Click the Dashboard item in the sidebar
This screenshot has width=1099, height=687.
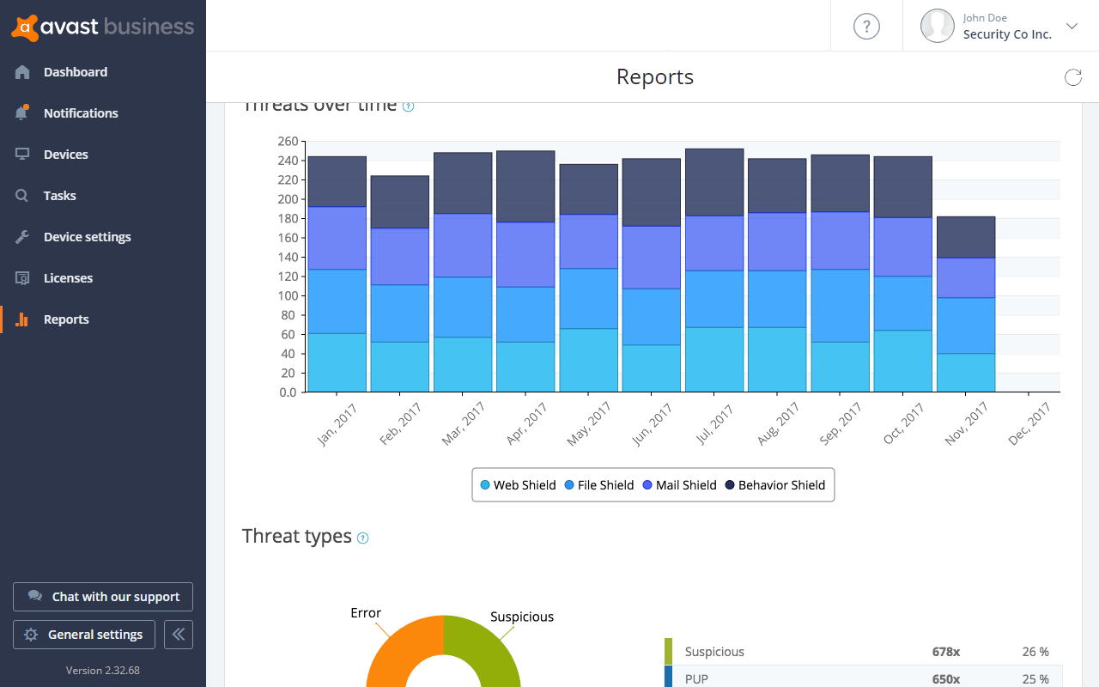pyautogui.click(x=75, y=72)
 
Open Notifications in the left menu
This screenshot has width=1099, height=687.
pyautogui.click(x=80, y=113)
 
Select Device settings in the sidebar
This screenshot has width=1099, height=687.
pyautogui.click(x=87, y=237)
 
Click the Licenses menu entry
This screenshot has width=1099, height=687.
pyautogui.click(x=68, y=278)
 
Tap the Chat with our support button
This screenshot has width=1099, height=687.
pyautogui.click(x=103, y=597)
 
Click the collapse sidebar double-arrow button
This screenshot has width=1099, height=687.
pyautogui.click(x=179, y=635)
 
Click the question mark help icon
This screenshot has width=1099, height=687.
pyautogui.click(x=866, y=26)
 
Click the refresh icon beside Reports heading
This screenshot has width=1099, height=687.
pyautogui.click(x=1072, y=78)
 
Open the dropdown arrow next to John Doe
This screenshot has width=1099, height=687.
pyautogui.click(x=1072, y=26)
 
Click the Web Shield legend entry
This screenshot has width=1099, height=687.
pyautogui.click(x=518, y=485)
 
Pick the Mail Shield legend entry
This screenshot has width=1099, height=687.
pyautogui.click(x=679, y=485)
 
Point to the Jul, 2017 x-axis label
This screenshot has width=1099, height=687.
pyautogui.click(x=714, y=425)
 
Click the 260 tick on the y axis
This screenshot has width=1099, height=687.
pyautogui.click(x=288, y=142)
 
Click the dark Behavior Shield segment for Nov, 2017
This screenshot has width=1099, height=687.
pyautogui.click(x=966, y=237)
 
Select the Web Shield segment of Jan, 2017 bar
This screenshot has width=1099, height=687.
pyautogui.click(x=337, y=362)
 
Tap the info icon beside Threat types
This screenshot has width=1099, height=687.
pyautogui.click(x=362, y=538)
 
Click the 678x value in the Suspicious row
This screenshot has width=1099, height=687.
pyautogui.click(x=945, y=652)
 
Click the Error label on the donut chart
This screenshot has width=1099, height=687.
pyautogui.click(x=366, y=613)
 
